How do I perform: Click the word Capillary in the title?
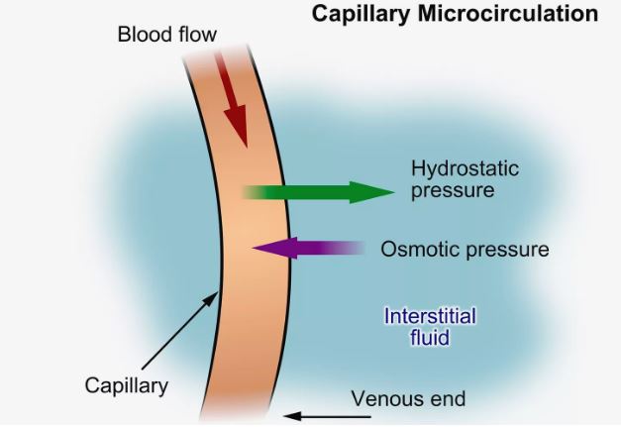(x=357, y=14)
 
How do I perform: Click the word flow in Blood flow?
(x=194, y=36)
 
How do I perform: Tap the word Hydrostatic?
(x=465, y=167)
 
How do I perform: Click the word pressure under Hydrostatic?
(x=452, y=189)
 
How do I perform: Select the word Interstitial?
(x=430, y=317)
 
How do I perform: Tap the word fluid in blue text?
(x=430, y=338)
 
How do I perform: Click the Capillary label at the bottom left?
(x=127, y=384)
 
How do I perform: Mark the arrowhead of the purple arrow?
(x=263, y=248)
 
